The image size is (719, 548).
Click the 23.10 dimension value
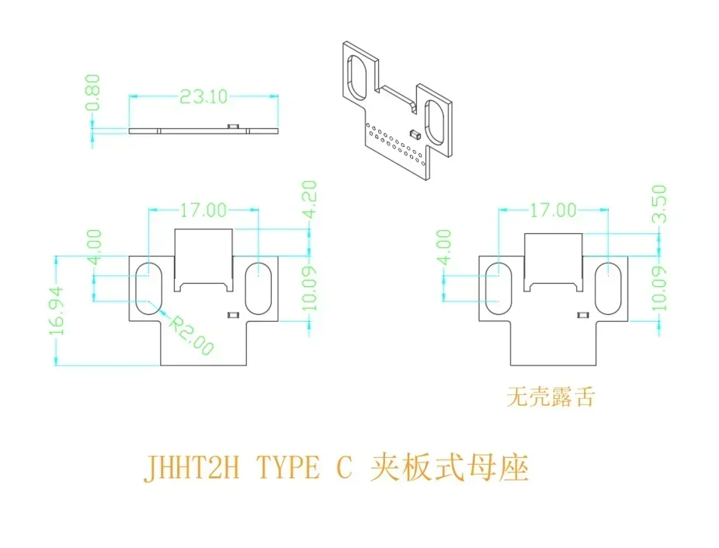tap(203, 96)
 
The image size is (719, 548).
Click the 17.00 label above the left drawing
tap(203, 209)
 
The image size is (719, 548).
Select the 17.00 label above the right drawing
tap(553, 209)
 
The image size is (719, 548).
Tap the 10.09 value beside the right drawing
tap(659, 288)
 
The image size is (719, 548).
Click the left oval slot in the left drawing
tap(147, 285)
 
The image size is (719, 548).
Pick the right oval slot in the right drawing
tap(609, 286)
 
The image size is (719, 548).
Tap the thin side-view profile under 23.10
tap(203, 130)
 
